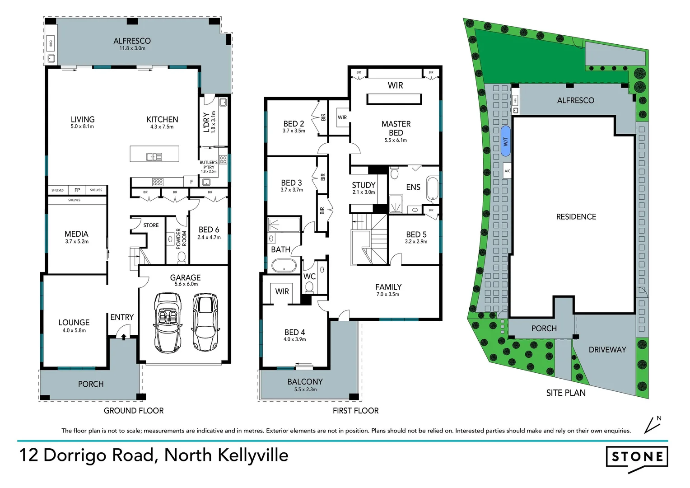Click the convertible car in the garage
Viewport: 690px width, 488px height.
168,323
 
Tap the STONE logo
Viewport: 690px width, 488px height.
637,457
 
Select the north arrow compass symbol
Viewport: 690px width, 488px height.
652,424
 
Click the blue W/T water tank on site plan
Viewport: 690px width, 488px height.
506,141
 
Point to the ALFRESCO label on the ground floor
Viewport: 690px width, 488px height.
132,41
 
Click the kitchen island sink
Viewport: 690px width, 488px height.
154,157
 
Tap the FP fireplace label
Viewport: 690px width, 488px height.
77,190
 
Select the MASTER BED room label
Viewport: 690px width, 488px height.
396,128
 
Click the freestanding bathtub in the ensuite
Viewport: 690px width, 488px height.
432,188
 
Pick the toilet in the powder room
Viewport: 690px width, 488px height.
182,257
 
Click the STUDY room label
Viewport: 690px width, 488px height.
364,185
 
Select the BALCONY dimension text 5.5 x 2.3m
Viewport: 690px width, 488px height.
305,389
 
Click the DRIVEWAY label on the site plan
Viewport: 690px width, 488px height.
607,350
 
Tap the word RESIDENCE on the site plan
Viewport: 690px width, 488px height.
576,217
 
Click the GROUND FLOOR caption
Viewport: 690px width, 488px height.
134,411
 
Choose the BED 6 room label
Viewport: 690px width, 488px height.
209,230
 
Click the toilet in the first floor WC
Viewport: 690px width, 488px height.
309,286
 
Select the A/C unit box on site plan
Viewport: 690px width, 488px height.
507,171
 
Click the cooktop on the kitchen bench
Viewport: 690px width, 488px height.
158,182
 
